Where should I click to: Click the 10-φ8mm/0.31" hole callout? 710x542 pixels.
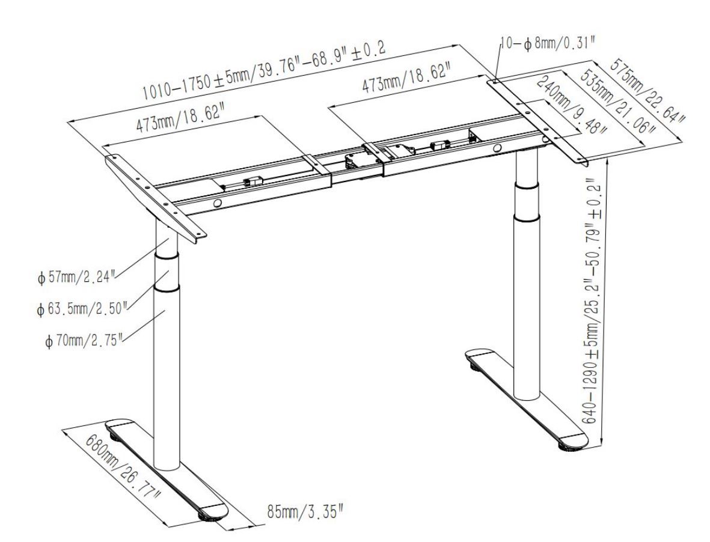point(547,44)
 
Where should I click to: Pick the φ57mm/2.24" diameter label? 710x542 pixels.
point(78,276)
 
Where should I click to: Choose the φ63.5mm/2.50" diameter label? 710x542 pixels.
point(82,308)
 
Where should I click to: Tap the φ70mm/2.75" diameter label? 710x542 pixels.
point(84,340)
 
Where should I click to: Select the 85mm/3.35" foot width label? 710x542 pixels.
point(305,512)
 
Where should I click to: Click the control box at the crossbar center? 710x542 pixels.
point(355,162)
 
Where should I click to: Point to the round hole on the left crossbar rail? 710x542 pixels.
point(217,204)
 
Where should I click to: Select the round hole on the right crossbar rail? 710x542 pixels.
point(498,148)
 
